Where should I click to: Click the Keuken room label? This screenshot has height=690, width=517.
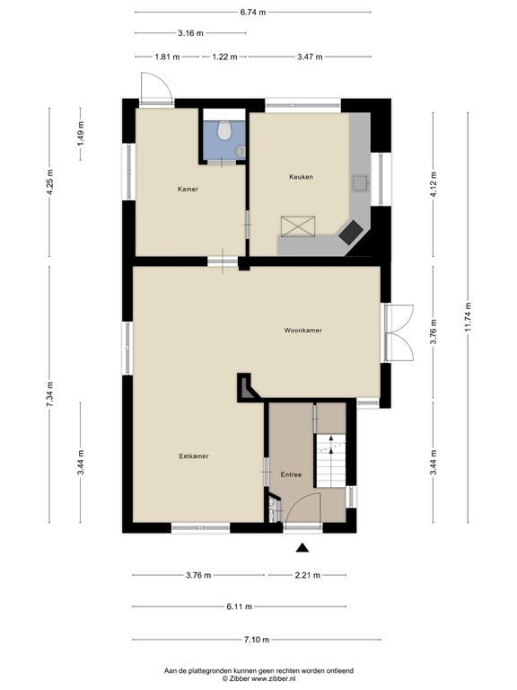click(302, 177)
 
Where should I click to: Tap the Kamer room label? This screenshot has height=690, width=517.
click(188, 190)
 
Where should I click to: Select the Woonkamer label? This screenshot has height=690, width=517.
click(302, 330)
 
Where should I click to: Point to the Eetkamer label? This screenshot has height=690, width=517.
click(194, 456)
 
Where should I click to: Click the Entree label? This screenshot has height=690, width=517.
click(291, 474)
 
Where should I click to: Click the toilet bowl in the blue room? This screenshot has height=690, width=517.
click(224, 130)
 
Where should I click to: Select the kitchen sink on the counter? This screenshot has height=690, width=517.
click(360, 183)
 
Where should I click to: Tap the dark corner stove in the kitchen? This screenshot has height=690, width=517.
click(351, 233)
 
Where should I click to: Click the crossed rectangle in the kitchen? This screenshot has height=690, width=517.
click(298, 226)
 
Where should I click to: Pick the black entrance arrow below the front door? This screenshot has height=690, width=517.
click(302, 547)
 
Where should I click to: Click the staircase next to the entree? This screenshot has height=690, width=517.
click(331, 461)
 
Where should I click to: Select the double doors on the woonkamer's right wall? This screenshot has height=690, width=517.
click(399, 333)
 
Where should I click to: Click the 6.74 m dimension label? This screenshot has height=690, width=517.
click(253, 13)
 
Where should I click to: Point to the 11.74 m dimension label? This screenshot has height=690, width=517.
click(468, 317)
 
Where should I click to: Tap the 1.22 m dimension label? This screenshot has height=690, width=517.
click(224, 57)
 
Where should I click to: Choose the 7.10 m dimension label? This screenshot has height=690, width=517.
click(257, 640)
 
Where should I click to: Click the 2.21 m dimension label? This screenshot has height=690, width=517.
click(308, 575)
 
